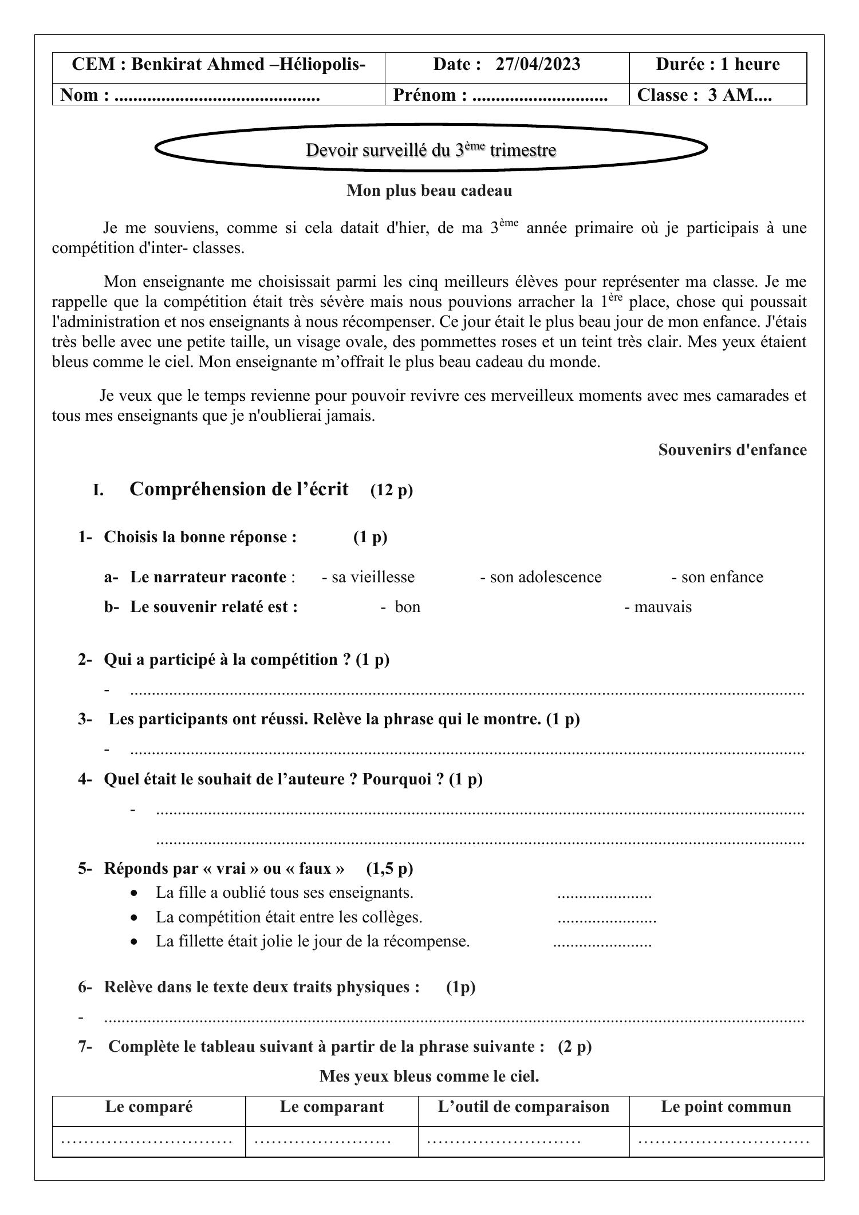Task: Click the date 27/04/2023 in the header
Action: [538, 64]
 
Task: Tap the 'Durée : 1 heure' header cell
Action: [718, 64]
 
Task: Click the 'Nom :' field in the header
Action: [190, 95]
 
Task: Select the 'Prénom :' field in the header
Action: [500, 95]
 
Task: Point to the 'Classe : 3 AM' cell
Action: [704, 95]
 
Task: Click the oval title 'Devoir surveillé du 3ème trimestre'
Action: [431, 150]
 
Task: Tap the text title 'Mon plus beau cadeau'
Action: [429, 191]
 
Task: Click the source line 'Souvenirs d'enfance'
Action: [732, 450]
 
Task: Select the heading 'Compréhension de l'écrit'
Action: [239, 490]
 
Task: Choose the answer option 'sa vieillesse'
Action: [368, 577]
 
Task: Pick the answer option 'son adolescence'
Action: [541, 577]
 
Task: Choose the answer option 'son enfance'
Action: [717, 577]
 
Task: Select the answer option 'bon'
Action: [401, 607]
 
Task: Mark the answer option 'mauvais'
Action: [658, 607]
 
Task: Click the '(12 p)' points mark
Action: [392, 491]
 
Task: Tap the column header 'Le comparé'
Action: [149, 1107]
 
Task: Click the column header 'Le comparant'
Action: [332, 1107]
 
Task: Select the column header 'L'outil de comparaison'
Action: [523, 1107]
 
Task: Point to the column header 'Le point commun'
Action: [726, 1107]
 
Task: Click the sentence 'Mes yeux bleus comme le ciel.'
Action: [429, 1076]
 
